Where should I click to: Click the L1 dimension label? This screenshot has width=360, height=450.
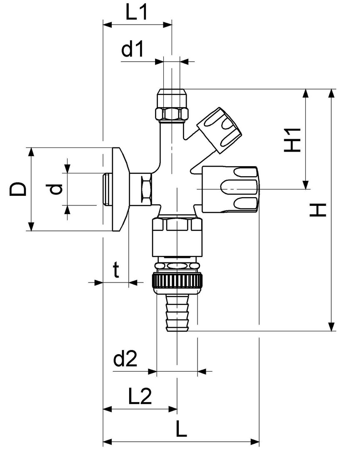[136, 13]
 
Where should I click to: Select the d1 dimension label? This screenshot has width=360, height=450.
[132, 50]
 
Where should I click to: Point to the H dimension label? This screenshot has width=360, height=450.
[318, 210]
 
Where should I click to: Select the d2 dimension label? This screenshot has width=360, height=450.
[125, 359]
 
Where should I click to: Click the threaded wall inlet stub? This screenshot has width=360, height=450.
[107, 189]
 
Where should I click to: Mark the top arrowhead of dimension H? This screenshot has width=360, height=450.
[332, 93]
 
